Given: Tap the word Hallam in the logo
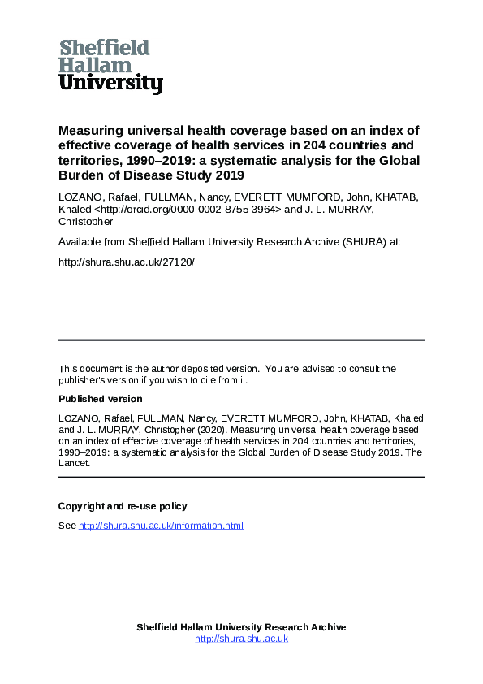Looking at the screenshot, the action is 95,65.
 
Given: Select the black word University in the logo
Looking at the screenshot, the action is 111,83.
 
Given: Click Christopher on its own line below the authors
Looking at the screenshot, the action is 85,221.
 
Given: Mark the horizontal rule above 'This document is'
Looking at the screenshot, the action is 241,340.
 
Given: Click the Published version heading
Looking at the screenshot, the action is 100,399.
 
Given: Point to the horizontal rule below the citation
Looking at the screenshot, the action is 241,478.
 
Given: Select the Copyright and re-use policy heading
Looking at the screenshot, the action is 123,506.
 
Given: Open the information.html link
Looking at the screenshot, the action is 161,526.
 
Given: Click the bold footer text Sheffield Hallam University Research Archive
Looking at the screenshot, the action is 241,627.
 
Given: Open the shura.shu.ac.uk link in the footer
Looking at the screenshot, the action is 241,639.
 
